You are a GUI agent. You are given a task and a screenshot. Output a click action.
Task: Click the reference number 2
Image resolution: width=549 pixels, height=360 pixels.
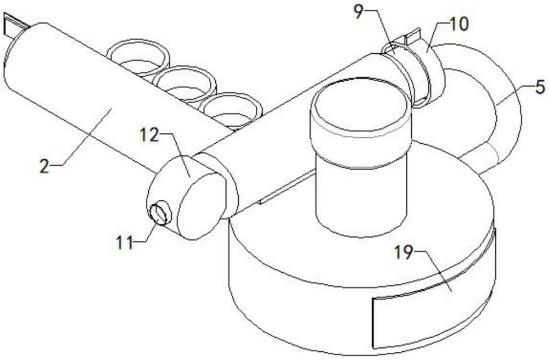click(x=44, y=166)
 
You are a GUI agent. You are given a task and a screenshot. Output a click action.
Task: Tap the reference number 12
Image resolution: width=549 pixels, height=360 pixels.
click(x=149, y=135)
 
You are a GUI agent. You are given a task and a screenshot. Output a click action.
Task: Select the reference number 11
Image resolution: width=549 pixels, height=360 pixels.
click(x=125, y=243)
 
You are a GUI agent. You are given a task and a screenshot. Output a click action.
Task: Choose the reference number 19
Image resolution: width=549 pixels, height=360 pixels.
click(x=404, y=252)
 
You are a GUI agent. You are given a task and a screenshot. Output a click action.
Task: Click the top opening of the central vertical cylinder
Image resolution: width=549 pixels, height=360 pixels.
click(x=360, y=105)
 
